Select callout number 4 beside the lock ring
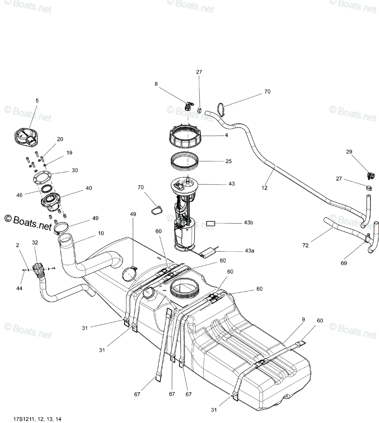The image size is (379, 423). pyautogui.click(x=226, y=135)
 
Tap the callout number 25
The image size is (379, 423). pyautogui.click(x=228, y=161)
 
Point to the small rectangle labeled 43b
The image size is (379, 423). pyautogui.click(x=210, y=223)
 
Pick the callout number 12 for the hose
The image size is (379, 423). pyautogui.click(x=264, y=188)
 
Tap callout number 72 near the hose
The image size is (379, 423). pyautogui.click(x=305, y=245)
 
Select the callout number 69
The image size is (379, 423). pyautogui.click(x=344, y=263)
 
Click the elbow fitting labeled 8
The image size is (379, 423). pyautogui.click(x=189, y=106)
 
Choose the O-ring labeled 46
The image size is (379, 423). pyautogui.click(x=46, y=189)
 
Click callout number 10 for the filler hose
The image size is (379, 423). pyautogui.click(x=101, y=233)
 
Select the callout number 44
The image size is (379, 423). pyautogui.click(x=19, y=288)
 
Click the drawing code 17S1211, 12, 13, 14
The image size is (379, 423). pyautogui.click(x=37, y=419)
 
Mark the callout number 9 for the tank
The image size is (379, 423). pyautogui.click(x=304, y=319)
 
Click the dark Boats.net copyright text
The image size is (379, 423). pyautogui.click(x=28, y=223)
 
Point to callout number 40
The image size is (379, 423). pyautogui.click(x=89, y=188)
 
